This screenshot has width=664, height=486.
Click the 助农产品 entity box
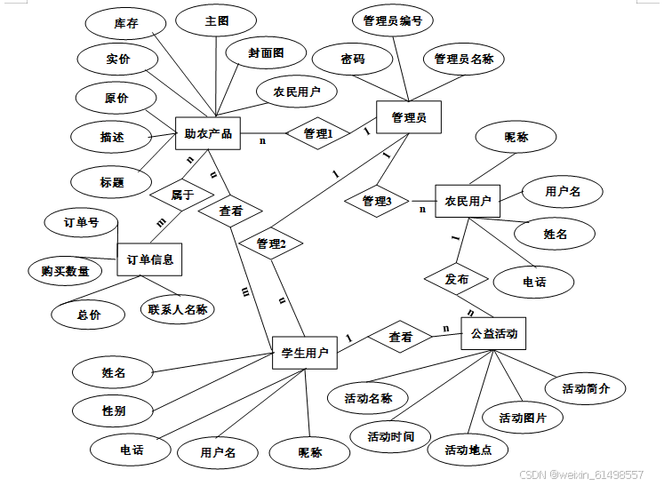[209, 134]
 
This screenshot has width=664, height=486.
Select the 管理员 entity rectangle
[409, 117]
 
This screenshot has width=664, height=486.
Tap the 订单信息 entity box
[149, 259]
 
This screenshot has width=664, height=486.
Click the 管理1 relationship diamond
[318, 134]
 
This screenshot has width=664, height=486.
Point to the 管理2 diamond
[271, 243]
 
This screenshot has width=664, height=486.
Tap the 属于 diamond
[182, 195]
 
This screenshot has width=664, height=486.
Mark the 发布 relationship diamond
[458, 279]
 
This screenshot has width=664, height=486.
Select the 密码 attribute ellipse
[353, 60]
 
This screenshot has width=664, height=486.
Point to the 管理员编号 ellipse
[393, 20]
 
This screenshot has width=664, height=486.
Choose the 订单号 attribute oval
[81, 223]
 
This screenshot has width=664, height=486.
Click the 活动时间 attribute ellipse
[391, 436]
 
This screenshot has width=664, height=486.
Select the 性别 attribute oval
[113, 410]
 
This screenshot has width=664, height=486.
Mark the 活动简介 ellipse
[593, 388]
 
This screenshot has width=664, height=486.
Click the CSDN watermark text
[593, 475]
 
